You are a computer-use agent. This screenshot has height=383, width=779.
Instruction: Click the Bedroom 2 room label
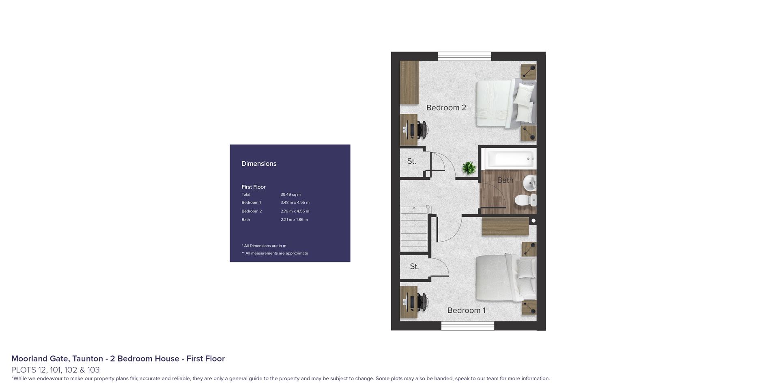tap(446, 108)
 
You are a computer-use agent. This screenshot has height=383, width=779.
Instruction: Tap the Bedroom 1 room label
tap(466, 310)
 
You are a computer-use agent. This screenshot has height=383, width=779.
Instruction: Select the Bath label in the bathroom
tap(505, 180)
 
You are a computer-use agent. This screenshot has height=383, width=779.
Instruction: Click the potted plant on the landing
tap(469, 168)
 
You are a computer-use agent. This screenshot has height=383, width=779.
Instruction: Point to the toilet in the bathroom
tap(525, 200)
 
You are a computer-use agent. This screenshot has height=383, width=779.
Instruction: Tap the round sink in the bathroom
tap(530, 184)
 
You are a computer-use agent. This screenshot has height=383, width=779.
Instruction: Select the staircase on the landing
tap(414, 229)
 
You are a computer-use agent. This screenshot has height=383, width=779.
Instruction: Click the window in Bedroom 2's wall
tap(465, 56)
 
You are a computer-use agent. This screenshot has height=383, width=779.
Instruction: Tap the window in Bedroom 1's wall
tap(468, 326)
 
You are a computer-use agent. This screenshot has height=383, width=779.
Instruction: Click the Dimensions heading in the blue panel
tap(259, 164)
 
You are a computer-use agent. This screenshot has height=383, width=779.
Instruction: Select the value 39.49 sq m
tap(291, 195)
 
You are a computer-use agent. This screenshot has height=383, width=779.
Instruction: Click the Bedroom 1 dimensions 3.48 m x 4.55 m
tap(295, 202)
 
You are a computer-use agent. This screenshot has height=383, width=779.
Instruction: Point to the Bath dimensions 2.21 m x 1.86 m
tap(294, 220)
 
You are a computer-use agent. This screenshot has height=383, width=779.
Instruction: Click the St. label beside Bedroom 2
tap(411, 161)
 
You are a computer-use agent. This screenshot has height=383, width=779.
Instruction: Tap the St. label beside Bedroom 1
tap(414, 266)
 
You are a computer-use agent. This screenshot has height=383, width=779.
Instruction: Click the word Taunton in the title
tap(88, 359)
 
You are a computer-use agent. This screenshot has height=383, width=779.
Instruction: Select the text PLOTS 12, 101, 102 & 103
tap(56, 370)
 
